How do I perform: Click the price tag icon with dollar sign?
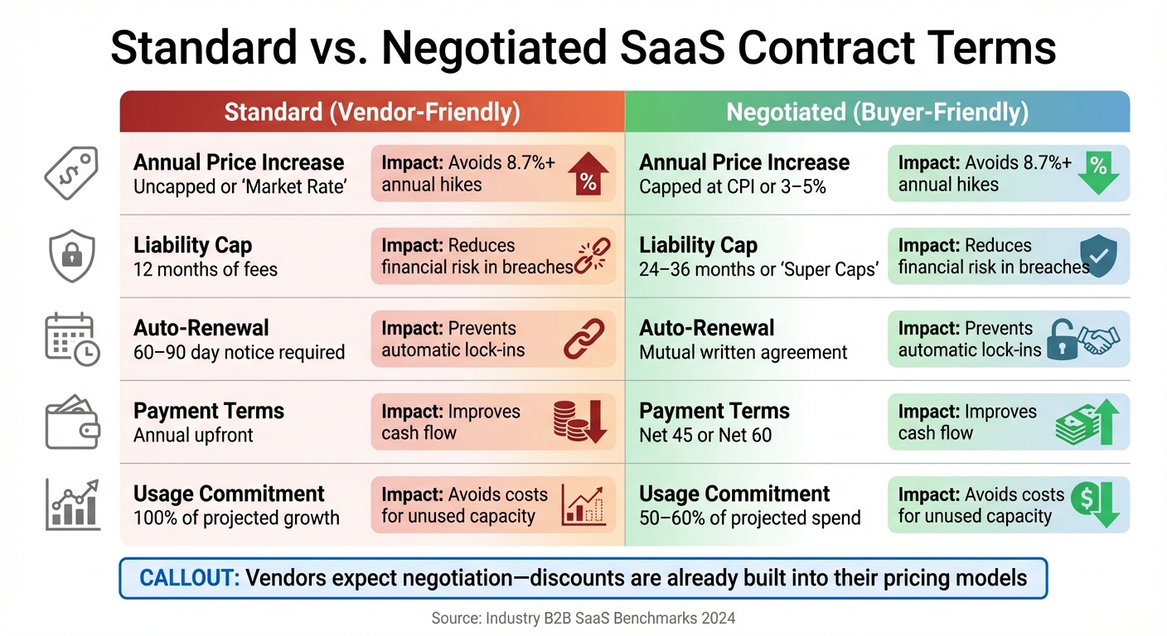pyautogui.click(x=71, y=172)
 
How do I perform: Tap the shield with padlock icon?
pyautogui.click(x=71, y=256)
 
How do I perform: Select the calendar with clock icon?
pyautogui.click(x=71, y=339)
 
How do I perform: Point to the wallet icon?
pyautogui.click(x=71, y=422)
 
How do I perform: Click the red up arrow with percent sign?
pyautogui.click(x=588, y=173)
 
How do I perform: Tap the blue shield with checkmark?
pyautogui.click(x=1099, y=257)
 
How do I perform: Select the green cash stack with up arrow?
pyautogui.click(x=1088, y=422)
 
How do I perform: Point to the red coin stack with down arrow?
pyautogui.click(x=580, y=422)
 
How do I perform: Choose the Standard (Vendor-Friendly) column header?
pyautogui.click(x=372, y=113)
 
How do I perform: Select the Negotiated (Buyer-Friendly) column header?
pyautogui.click(x=877, y=113)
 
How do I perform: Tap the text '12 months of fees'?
pyautogui.click(x=206, y=269)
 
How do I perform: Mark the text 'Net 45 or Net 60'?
pyautogui.click(x=705, y=435)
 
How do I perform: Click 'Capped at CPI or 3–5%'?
pyautogui.click(x=733, y=186)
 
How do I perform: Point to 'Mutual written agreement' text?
pyautogui.click(x=743, y=352)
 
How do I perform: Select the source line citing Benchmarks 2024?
pyautogui.click(x=583, y=618)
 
